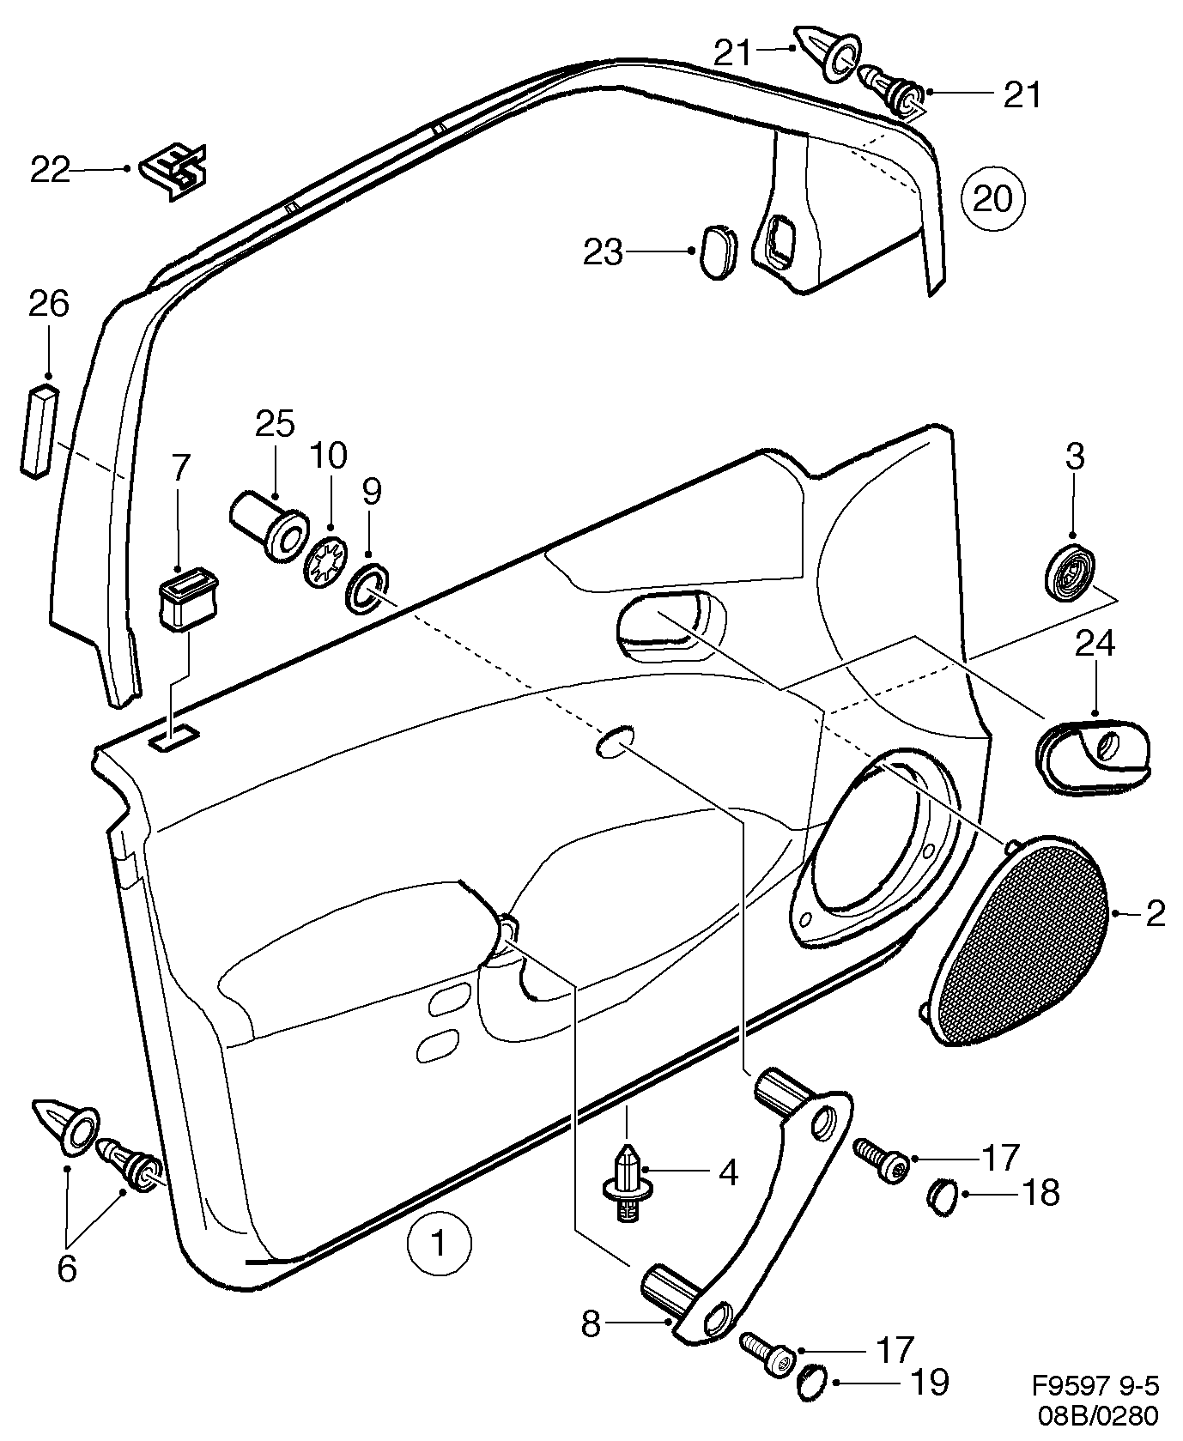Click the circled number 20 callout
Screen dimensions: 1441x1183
(993, 199)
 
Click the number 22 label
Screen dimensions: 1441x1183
(49, 170)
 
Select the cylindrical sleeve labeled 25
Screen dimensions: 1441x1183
(269, 528)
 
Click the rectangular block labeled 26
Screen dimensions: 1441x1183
(37, 430)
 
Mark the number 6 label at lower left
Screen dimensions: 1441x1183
(66, 1268)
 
